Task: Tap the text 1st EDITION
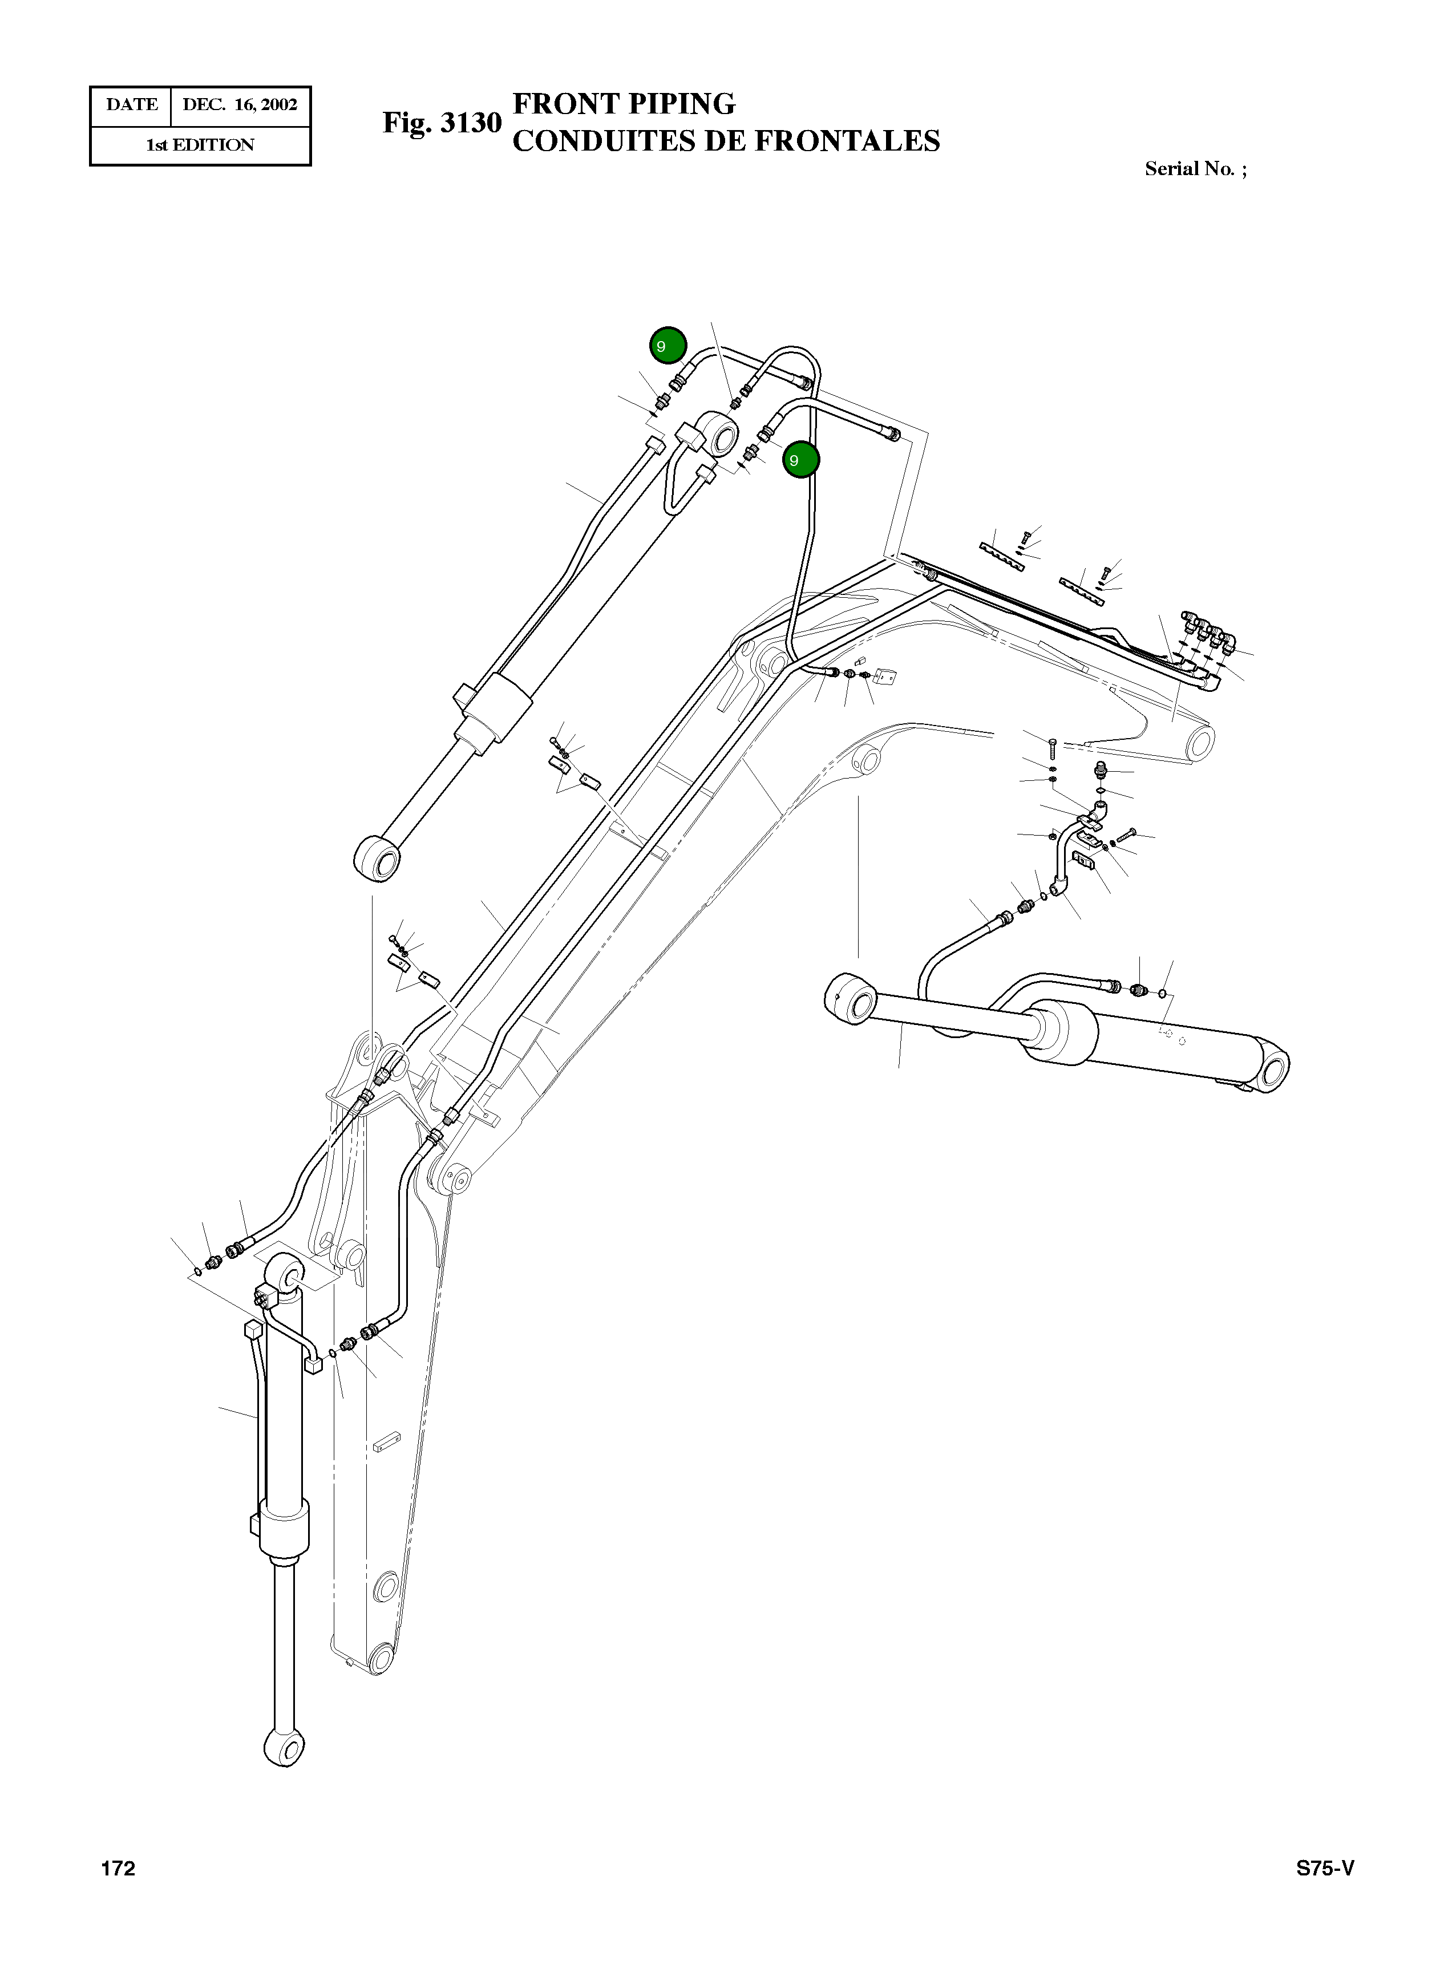click(x=200, y=145)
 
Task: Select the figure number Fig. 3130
click(x=442, y=123)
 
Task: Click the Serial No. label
click(x=1194, y=169)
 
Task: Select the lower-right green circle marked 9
click(x=800, y=459)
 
